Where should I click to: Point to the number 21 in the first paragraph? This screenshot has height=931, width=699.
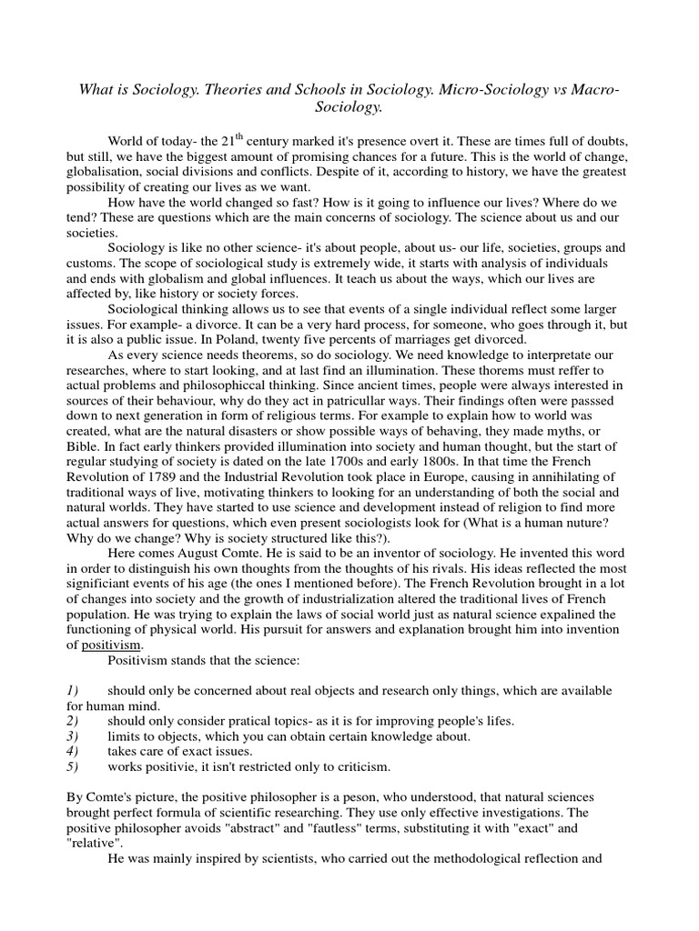(x=230, y=142)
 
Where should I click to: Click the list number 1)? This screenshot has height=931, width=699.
(x=76, y=692)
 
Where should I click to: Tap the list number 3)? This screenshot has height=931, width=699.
(x=76, y=736)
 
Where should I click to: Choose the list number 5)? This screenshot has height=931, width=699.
(x=76, y=766)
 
